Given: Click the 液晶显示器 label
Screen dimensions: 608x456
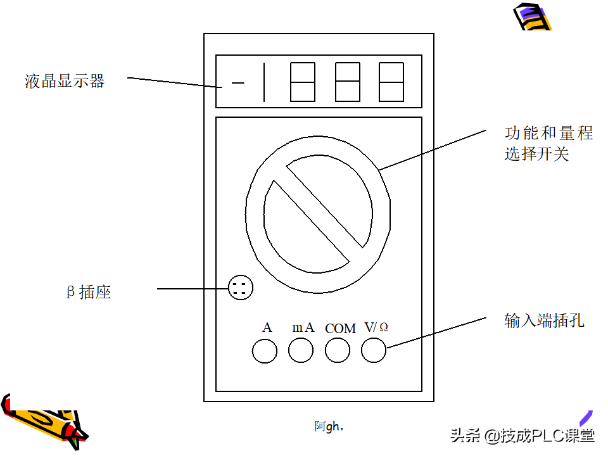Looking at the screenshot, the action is click(x=65, y=82).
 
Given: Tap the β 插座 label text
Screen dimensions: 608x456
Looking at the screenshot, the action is click(x=89, y=292).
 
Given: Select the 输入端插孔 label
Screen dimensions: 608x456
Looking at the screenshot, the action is click(x=545, y=320).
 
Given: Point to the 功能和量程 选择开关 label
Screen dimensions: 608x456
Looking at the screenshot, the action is click(x=548, y=144).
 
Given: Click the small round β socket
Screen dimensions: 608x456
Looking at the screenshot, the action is click(x=241, y=288).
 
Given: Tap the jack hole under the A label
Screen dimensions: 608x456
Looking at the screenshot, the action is click(x=265, y=351).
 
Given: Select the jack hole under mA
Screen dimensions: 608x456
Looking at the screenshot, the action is click(x=301, y=350).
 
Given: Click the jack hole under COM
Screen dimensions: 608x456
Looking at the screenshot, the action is click(x=338, y=350).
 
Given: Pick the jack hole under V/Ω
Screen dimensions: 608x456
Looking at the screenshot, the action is click(x=374, y=350).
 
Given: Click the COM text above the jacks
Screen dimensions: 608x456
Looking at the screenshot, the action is click(x=340, y=329).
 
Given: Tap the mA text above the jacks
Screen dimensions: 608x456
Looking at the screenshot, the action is click(x=303, y=327).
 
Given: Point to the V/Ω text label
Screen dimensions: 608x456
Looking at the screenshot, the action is click(x=376, y=327).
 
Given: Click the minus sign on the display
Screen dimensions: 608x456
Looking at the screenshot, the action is click(x=238, y=82).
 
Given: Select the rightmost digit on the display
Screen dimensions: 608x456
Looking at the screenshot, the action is click(x=391, y=82).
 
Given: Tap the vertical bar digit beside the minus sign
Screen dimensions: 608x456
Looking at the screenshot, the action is click(x=264, y=82).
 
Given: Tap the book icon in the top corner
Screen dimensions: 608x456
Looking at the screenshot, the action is click(x=532, y=16).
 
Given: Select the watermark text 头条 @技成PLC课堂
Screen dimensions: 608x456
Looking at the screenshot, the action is click(x=522, y=436).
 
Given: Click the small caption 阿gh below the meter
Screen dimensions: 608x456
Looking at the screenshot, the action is click(x=329, y=426).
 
